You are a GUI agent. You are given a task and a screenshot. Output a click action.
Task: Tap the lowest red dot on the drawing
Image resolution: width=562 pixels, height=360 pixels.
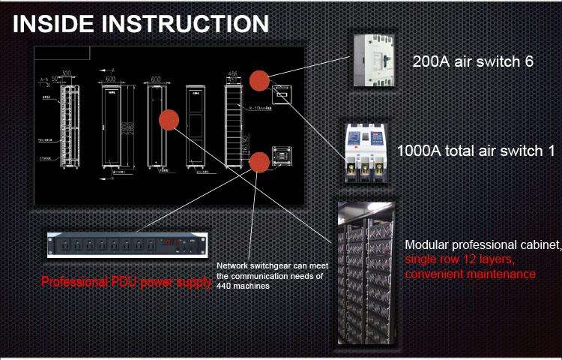(x=260, y=161)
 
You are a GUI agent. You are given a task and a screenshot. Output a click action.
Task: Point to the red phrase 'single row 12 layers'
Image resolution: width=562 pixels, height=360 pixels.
(x=459, y=259)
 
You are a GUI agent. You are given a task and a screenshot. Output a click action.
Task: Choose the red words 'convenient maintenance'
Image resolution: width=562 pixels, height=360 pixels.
(x=470, y=274)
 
